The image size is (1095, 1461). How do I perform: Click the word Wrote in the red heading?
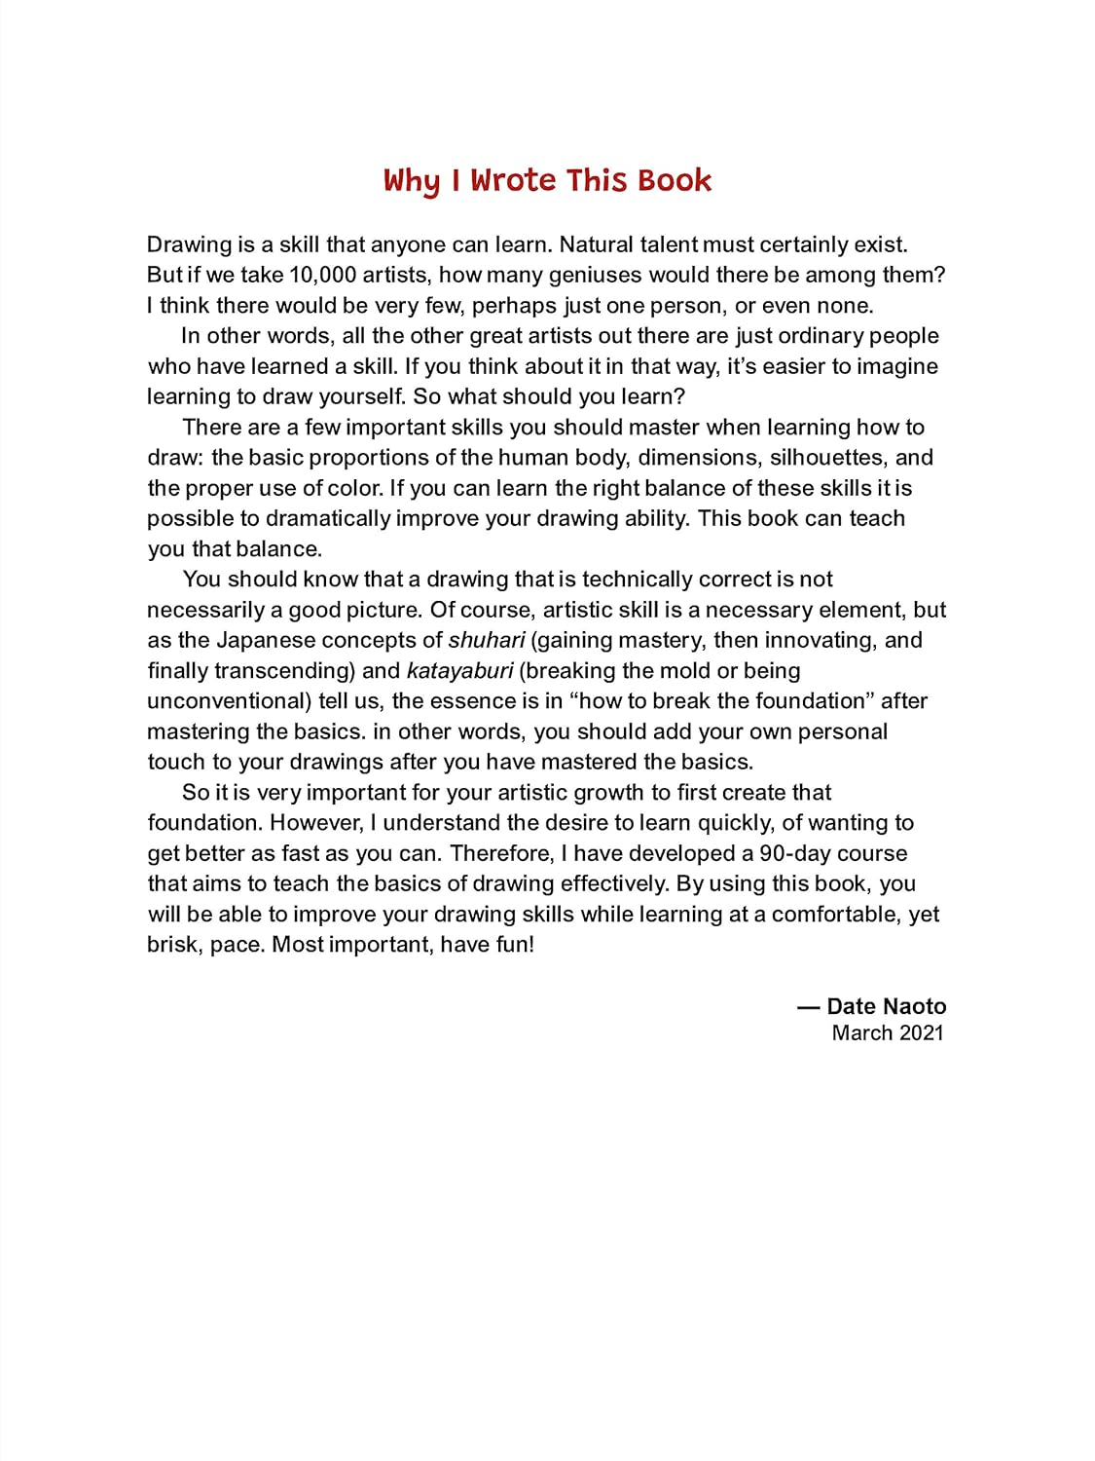[514, 180]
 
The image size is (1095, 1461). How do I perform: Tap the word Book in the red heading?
[675, 180]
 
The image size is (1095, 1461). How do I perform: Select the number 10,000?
[323, 275]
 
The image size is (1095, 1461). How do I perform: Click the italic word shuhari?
[487, 640]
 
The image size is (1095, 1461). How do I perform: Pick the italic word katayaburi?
[459, 670]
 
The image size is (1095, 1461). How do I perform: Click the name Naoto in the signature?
[914, 1006]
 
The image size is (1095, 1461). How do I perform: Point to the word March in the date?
[862, 1032]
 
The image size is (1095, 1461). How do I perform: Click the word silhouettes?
[827, 457]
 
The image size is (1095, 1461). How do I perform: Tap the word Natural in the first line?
[596, 244]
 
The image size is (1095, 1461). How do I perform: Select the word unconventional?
[229, 701]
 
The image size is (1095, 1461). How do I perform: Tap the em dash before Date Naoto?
[808, 1006]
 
